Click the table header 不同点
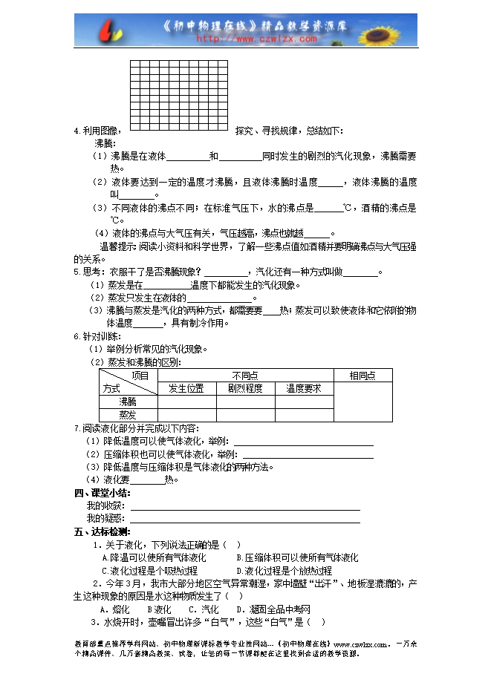tap(245, 376)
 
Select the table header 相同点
tap(362, 376)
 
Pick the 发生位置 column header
tap(186, 388)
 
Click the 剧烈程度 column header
tap(245, 388)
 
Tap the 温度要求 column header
tap(304, 388)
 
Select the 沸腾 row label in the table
tap(128, 402)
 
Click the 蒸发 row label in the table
tap(128, 415)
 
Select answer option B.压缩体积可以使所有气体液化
tap(297, 557)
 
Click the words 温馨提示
tap(117, 246)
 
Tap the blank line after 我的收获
tap(245, 508)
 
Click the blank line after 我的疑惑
tap(245, 520)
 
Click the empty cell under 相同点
tap(362, 402)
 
